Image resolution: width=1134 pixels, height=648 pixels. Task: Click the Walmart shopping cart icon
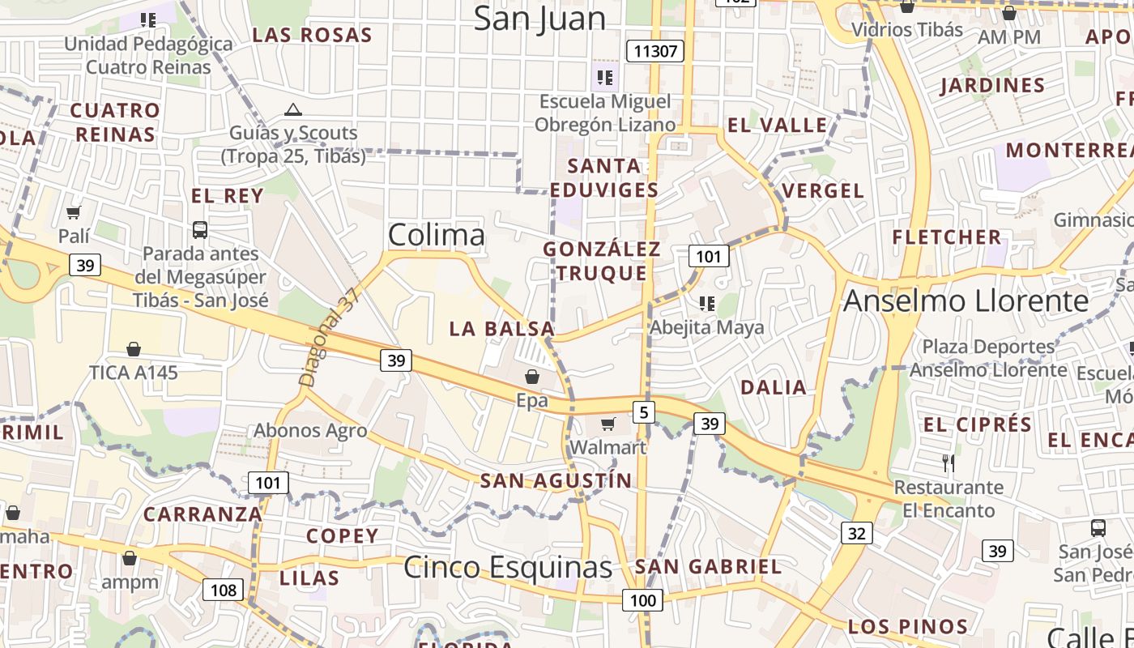[x=608, y=424]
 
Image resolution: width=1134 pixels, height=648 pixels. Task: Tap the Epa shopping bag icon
[x=532, y=377]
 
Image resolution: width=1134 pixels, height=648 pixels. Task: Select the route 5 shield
[x=644, y=412]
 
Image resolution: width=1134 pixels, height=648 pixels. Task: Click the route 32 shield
[x=857, y=532]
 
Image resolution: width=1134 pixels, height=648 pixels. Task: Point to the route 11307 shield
[x=655, y=52]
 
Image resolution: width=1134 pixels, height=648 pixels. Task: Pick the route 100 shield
[x=642, y=600]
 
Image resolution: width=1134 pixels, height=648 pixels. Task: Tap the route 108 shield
[x=223, y=589]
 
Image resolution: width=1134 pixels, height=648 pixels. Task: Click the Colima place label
[x=437, y=235]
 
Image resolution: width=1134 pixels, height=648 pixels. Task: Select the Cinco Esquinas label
[x=508, y=567]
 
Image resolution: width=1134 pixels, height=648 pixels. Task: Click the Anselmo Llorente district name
[x=966, y=301]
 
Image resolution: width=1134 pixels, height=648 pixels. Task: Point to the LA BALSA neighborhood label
[x=502, y=329]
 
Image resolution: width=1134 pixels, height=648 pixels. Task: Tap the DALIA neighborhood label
[x=774, y=387]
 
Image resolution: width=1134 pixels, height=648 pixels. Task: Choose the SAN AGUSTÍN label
[x=556, y=480]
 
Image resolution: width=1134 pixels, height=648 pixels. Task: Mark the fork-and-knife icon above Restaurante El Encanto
[x=949, y=463]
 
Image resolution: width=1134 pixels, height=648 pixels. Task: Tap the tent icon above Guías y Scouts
[x=293, y=109]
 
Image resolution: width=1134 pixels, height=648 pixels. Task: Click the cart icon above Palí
[x=74, y=212]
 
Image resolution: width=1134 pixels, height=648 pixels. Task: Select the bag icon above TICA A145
[x=134, y=349]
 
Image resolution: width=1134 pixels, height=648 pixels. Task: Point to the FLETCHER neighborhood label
[x=947, y=237]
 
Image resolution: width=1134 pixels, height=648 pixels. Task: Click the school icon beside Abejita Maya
[x=707, y=303]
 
